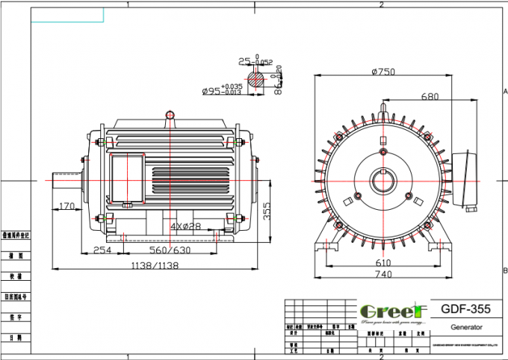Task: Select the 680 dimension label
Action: (x=429, y=96)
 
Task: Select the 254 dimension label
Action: (x=103, y=250)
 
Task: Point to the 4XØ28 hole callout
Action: (x=185, y=226)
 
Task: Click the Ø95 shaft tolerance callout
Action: (x=222, y=91)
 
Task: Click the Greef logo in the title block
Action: (x=392, y=311)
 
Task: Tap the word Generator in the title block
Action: (x=465, y=327)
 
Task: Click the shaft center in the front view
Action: (x=383, y=181)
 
